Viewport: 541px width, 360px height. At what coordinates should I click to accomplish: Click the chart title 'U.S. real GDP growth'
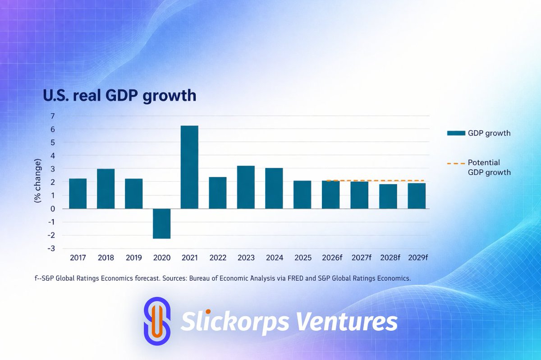click(x=119, y=96)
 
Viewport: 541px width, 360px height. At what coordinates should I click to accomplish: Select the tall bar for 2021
click(x=189, y=167)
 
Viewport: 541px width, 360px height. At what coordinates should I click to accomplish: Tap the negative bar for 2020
click(x=161, y=223)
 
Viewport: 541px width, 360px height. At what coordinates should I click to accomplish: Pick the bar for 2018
click(x=106, y=189)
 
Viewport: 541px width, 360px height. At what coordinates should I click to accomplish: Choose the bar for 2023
click(x=246, y=187)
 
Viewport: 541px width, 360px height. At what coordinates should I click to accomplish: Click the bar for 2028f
click(x=388, y=196)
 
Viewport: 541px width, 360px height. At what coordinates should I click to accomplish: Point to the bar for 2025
click(x=302, y=194)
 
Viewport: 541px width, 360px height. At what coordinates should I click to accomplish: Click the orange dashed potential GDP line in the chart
click(x=374, y=180)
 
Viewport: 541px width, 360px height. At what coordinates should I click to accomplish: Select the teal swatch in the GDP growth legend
click(x=455, y=133)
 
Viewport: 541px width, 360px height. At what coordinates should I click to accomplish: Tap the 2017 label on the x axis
click(x=78, y=258)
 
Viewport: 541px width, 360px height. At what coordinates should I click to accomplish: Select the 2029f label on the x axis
click(x=417, y=258)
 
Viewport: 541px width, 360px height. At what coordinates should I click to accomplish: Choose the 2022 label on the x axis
click(x=218, y=258)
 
